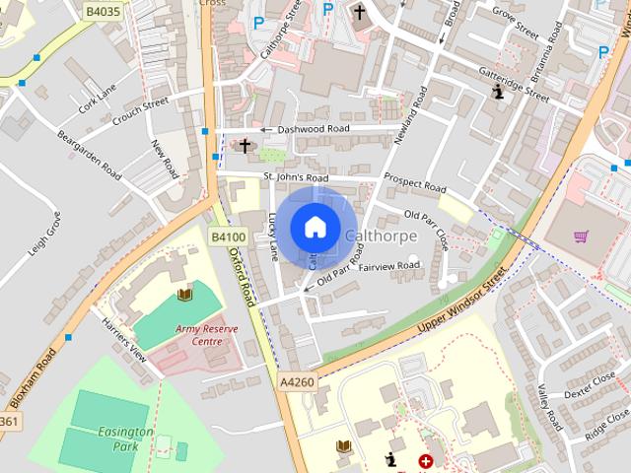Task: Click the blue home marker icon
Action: pyautogui.click(x=315, y=228)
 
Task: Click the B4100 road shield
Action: pyautogui.click(x=229, y=237)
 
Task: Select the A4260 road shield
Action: pyautogui.click(x=296, y=381)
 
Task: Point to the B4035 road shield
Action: pyautogui.click(x=102, y=12)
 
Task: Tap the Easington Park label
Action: pyautogui.click(x=125, y=439)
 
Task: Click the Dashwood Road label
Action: pyautogui.click(x=313, y=129)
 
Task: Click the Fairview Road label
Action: pyautogui.click(x=388, y=266)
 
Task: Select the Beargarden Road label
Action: pyautogui.click(x=89, y=155)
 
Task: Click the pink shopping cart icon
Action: pyautogui.click(x=581, y=236)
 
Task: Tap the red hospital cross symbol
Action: pyautogui.click(x=426, y=461)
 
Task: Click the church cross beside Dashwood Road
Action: pyautogui.click(x=245, y=146)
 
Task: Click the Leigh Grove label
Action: pyautogui.click(x=44, y=234)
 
